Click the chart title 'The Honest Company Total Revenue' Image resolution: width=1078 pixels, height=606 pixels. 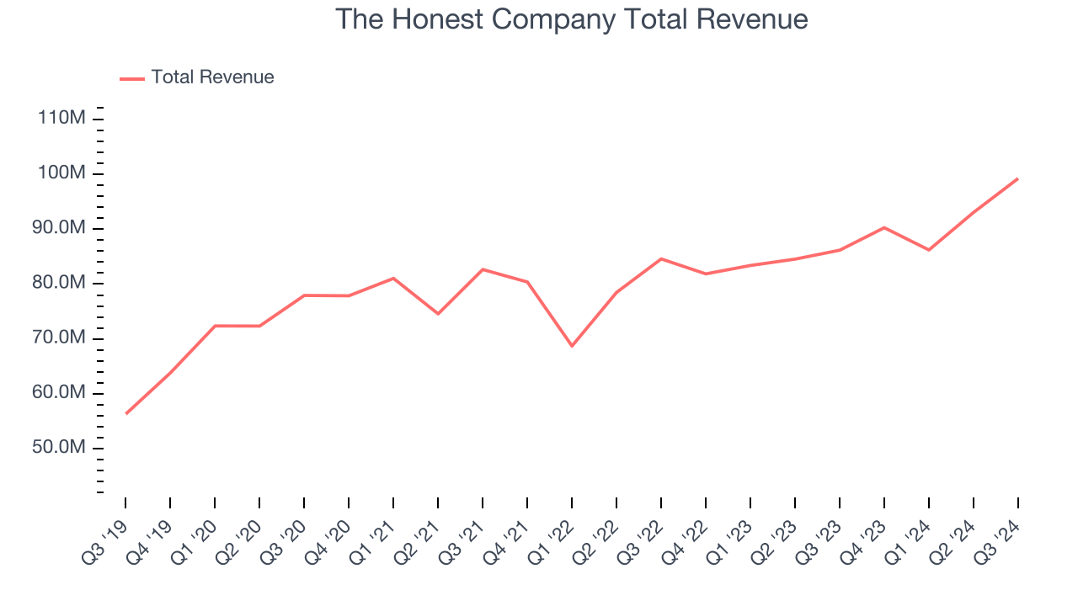click(572, 19)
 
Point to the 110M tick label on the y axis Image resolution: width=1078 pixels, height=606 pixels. click(61, 118)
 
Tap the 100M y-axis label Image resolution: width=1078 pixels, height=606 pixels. click(61, 173)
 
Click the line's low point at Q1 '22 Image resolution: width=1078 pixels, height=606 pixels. click(572, 346)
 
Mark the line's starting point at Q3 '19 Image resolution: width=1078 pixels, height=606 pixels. click(126, 413)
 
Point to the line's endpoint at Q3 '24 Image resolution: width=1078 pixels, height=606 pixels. click(1017, 178)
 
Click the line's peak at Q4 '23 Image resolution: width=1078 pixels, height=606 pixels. click(884, 227)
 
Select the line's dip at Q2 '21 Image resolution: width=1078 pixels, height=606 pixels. click(438, 314)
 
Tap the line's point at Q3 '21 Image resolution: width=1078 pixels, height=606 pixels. click(483, 269)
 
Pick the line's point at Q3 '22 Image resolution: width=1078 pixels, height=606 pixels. click(661, 258)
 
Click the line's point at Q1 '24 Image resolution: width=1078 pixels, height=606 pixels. click(929, 250)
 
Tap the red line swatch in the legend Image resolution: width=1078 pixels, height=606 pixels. click(132, 78)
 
